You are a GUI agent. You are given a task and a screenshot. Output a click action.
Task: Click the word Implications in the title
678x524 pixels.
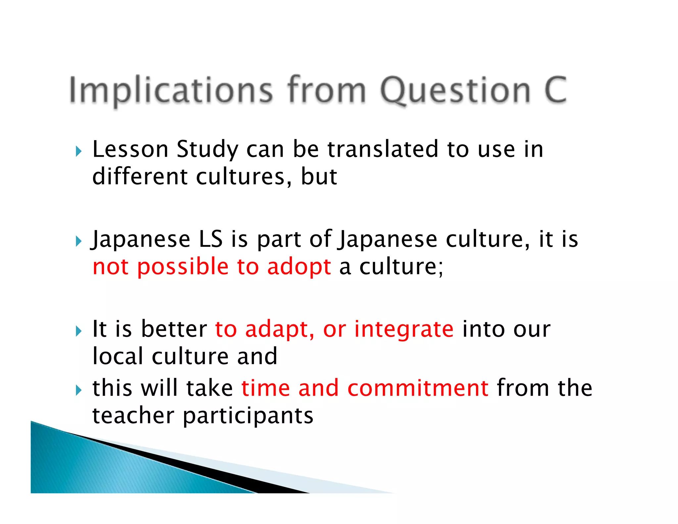(171, 90)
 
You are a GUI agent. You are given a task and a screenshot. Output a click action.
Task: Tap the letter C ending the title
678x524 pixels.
(555, 90)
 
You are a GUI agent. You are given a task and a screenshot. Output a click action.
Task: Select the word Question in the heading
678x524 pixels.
(456, 90)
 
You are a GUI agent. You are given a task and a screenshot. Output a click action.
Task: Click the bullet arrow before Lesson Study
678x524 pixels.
(78, 152)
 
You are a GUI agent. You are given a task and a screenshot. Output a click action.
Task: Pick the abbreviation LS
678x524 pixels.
(211, 239)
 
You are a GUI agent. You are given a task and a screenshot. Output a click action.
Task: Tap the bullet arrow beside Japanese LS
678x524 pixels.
(78, 241)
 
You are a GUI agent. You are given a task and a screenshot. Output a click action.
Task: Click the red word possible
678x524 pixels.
(183, 267)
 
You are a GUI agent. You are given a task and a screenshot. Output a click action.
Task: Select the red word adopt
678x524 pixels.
(299, 267)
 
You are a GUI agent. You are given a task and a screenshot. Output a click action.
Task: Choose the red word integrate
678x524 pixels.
(404, 330)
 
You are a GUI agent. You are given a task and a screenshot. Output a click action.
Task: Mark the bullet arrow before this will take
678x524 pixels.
(78, 390)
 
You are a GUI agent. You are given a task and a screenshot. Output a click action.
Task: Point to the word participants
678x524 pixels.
(248, 416)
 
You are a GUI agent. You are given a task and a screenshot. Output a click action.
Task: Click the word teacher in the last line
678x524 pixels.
(133, 415)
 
